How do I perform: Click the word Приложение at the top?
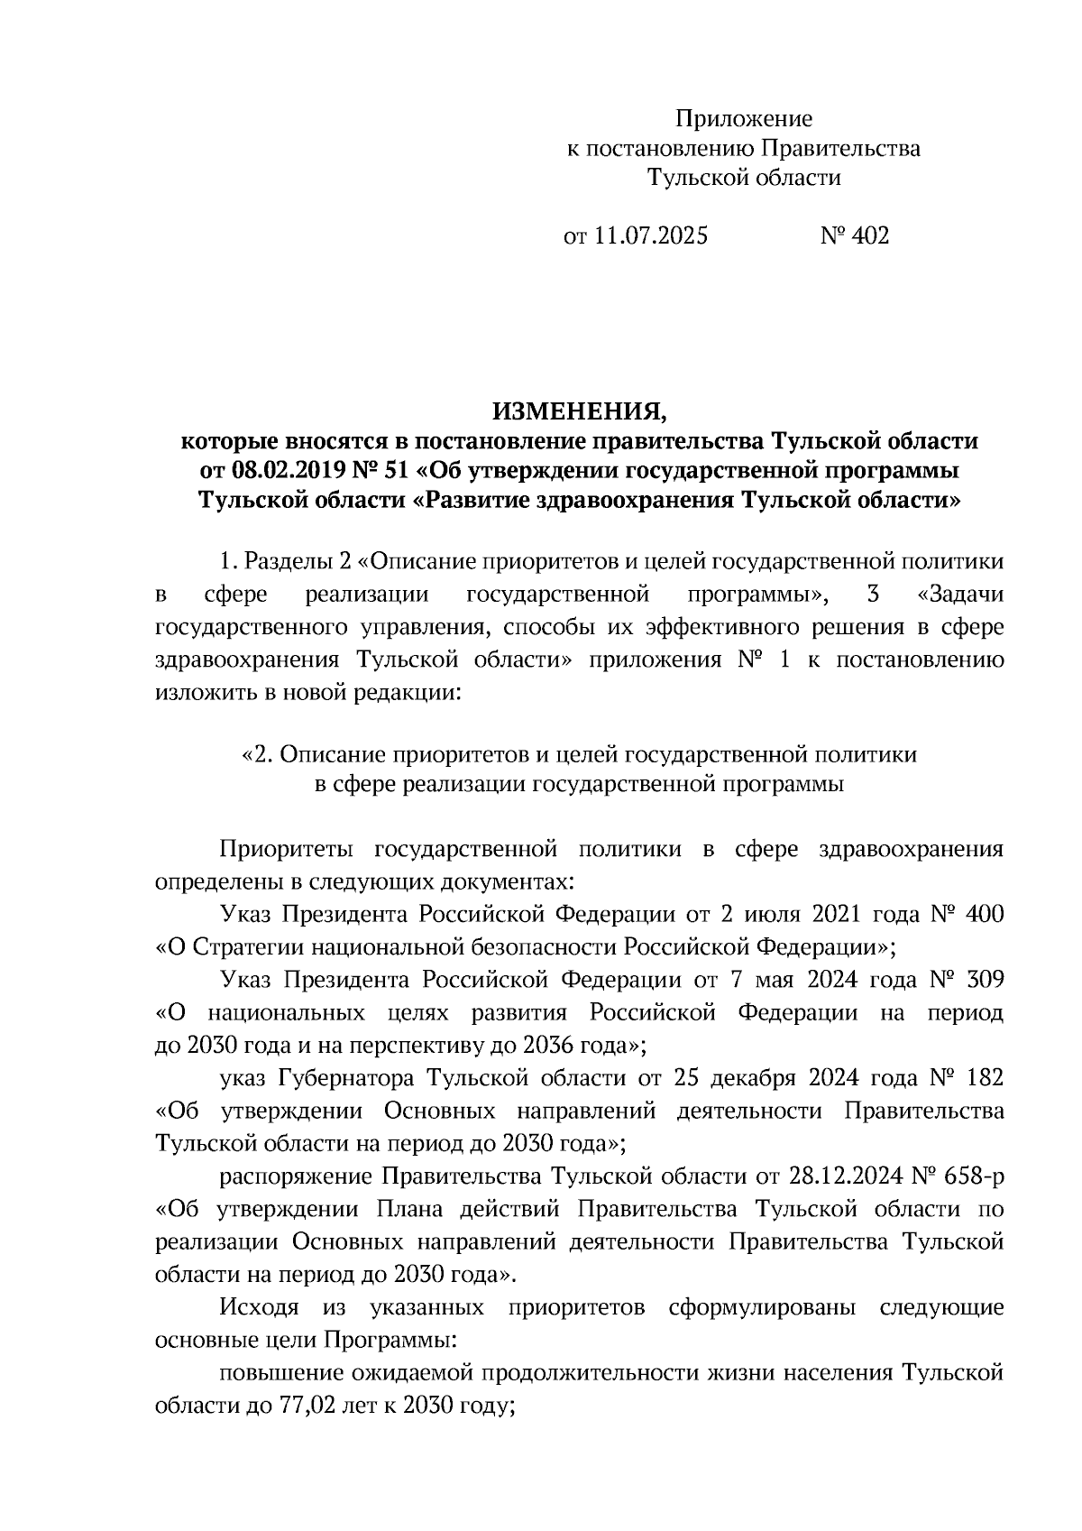[744, 119]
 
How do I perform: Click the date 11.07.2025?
[651, 236]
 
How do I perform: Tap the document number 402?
[869, 236]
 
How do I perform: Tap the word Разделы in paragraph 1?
[288, 561]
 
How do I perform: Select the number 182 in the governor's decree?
[984, 1079]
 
